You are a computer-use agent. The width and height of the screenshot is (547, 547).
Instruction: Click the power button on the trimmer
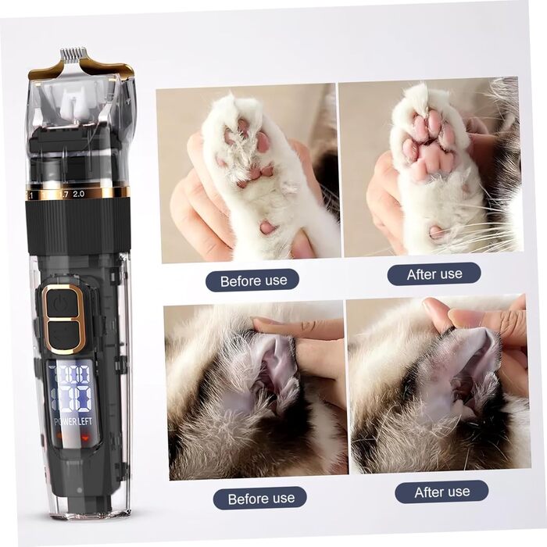click(63, 302)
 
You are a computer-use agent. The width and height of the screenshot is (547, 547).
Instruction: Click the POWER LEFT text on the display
click(73, 421)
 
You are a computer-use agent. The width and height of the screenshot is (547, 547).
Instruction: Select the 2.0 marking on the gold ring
click(78, 194)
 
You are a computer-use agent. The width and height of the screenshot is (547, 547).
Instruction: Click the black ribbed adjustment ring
click(78, 227)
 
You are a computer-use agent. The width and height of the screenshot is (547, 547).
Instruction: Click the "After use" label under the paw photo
click(434, 274)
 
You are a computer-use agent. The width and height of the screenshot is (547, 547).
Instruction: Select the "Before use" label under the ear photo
click(260, 499)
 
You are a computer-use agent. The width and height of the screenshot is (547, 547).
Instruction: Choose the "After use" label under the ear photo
click(442, 492)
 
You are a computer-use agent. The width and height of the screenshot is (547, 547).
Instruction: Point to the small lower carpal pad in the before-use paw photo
click(268, 227)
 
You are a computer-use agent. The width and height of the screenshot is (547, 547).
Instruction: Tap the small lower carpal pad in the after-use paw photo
click(436, 232)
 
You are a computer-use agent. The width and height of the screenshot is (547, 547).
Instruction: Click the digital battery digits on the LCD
click(72, 388)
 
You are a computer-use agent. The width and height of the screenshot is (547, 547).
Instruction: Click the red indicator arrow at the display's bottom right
click(85, 436)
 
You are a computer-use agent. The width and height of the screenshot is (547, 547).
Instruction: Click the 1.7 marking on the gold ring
click(65, 195)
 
